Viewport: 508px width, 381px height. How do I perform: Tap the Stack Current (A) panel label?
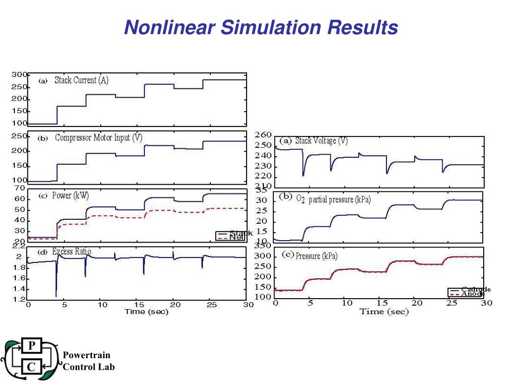(81, 81)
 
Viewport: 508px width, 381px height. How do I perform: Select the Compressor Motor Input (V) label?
(98, 138)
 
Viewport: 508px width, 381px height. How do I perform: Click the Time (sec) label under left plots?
(146, 312)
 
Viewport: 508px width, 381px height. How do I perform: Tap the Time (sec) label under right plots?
(384, 312)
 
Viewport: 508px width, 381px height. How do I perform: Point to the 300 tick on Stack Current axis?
(19, 75)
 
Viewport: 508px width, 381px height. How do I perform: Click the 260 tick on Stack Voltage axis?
(263, 135)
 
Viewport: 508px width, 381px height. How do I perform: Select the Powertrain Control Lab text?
(88, 361)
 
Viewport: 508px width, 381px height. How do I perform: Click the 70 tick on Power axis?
(20, 188)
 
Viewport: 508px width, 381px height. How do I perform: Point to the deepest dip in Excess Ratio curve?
(57, 296)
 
